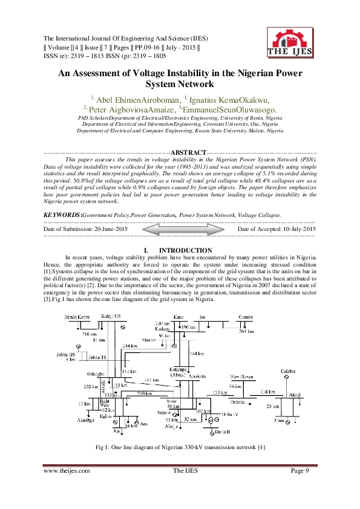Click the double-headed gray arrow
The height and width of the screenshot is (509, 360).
coord(183,230)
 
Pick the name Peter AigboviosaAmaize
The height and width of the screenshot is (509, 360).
coord(128,110)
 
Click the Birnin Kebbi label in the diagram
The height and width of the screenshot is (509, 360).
coord(77,317)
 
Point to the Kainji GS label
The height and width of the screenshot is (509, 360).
coord(111,317)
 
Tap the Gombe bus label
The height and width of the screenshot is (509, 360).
coord(245,317)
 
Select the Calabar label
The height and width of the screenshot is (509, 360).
coord(288,370)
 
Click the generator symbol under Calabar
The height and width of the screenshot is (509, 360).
coord(287,377)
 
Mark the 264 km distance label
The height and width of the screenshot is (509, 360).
coord(246,331)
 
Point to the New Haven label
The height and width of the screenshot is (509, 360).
coord(241,376)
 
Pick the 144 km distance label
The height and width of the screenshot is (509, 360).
coord(197,353)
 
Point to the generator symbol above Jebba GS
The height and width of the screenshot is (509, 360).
coord(78,346)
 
